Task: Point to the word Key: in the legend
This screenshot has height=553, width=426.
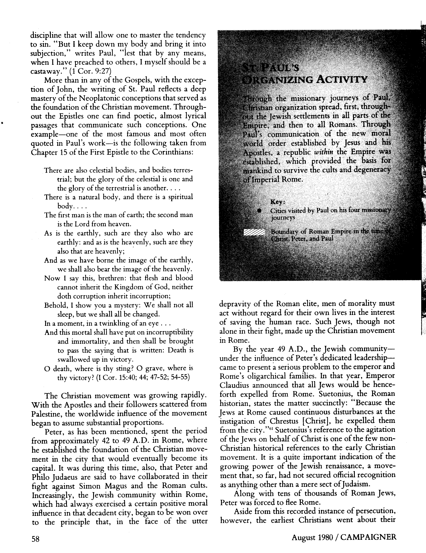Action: point(278,202)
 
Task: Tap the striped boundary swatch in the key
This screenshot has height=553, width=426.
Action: point(254,232)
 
